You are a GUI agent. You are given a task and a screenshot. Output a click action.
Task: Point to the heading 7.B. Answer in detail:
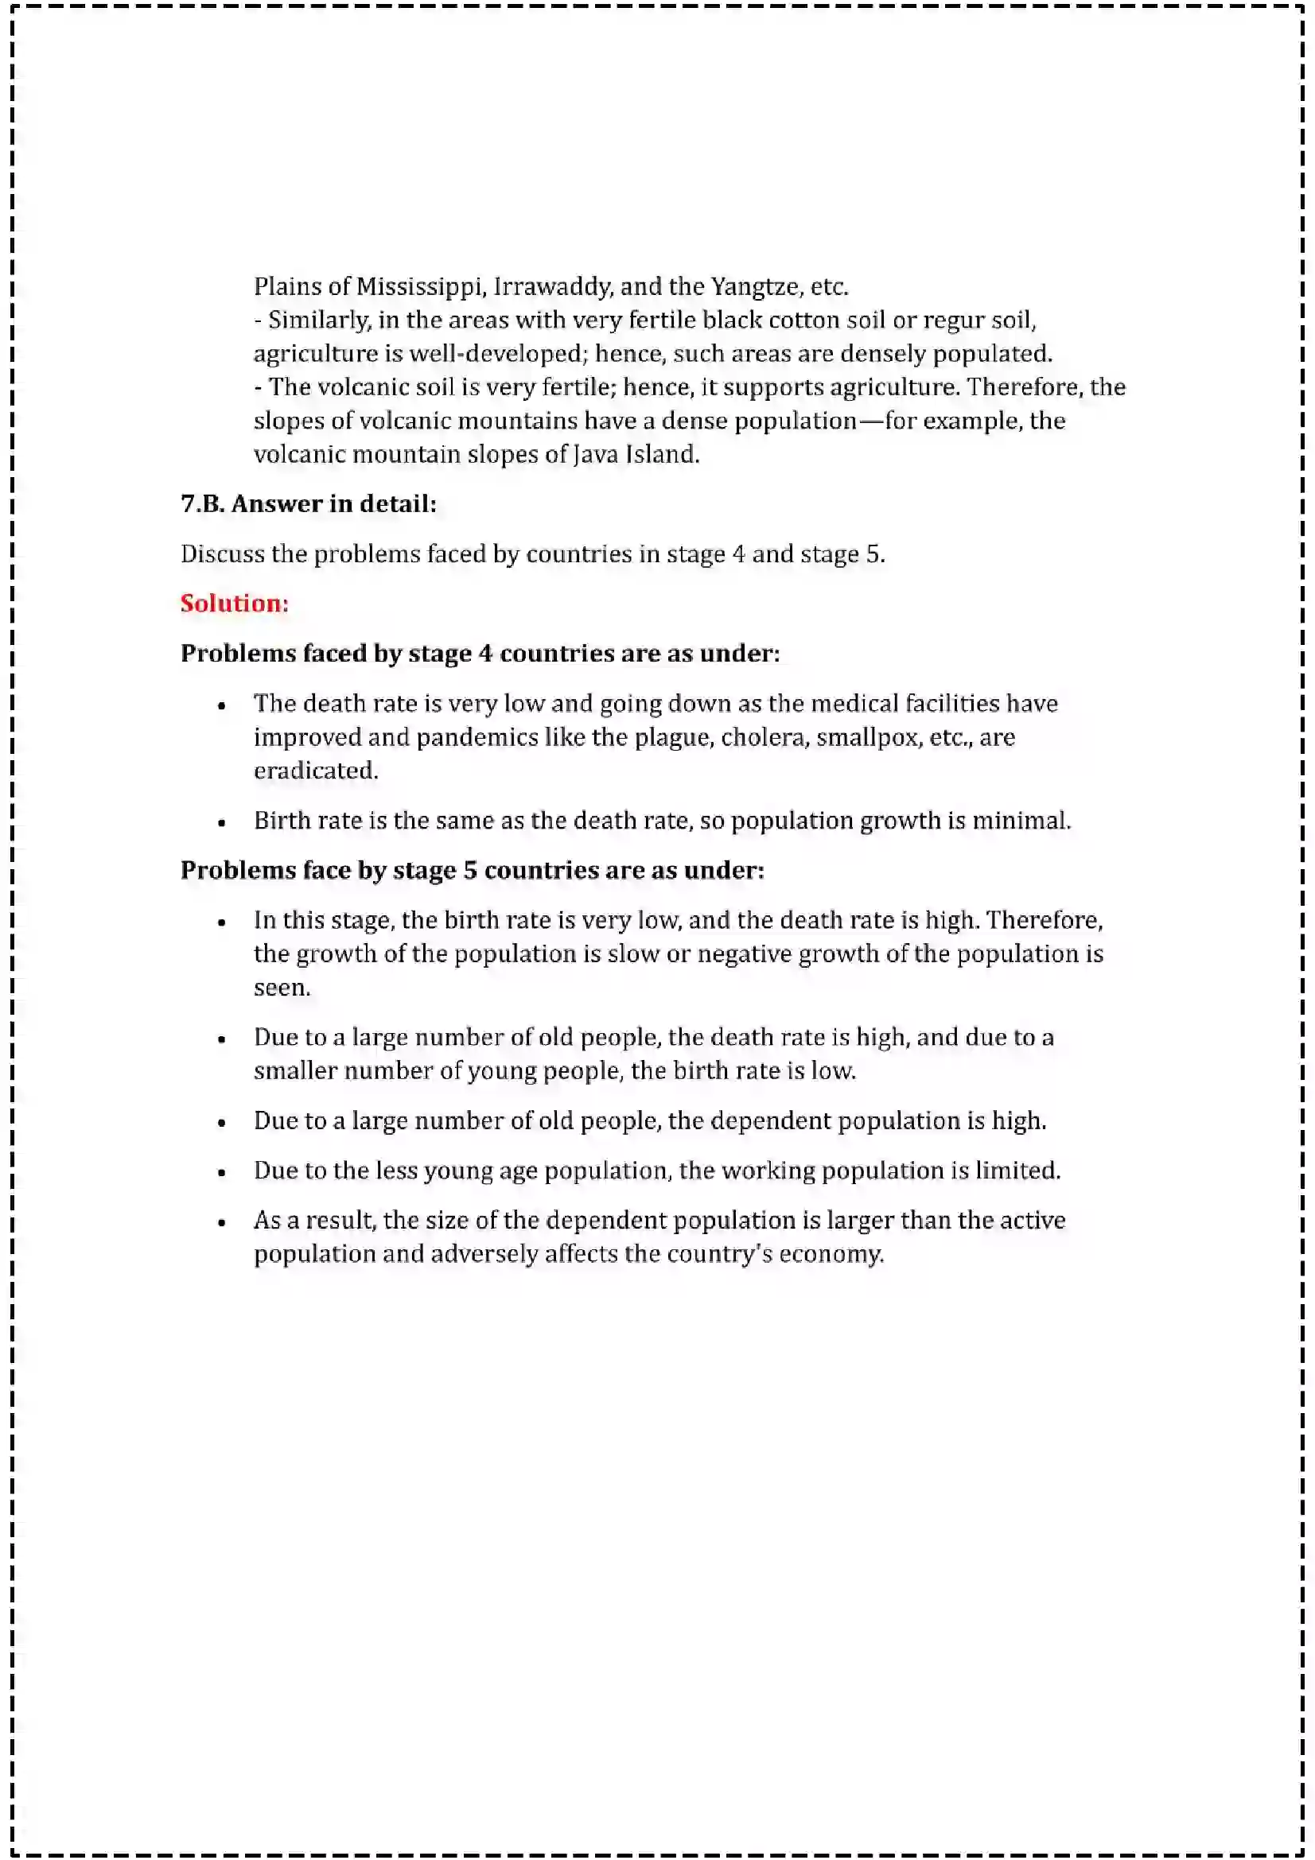[309, 504]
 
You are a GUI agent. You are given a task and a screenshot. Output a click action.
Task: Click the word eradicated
[315, 771]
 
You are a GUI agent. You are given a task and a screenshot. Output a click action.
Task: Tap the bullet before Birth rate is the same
[221, 823]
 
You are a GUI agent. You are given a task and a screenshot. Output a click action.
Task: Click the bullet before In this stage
[221, 922]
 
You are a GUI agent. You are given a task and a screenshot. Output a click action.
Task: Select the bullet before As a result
[221, 1223]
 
